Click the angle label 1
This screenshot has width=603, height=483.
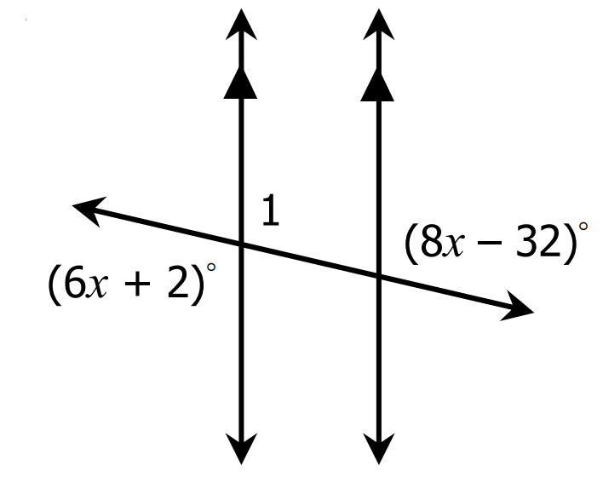point(271,210)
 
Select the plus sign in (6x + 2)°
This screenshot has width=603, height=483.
point(138,285)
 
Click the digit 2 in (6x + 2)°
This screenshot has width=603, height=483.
point(178,282)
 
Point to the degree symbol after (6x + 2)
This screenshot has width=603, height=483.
point(210,267)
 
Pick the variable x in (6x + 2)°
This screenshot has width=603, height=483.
point(96,286)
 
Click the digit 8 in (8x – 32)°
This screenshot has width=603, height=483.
point(432,241)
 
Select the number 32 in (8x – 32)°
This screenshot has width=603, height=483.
point(538,241)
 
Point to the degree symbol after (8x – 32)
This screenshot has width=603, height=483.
point(583,226)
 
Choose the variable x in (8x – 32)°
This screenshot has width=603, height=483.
point(453,245)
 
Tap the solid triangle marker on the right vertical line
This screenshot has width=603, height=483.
point(377,84)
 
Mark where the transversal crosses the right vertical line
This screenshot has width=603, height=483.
point(379,276)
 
